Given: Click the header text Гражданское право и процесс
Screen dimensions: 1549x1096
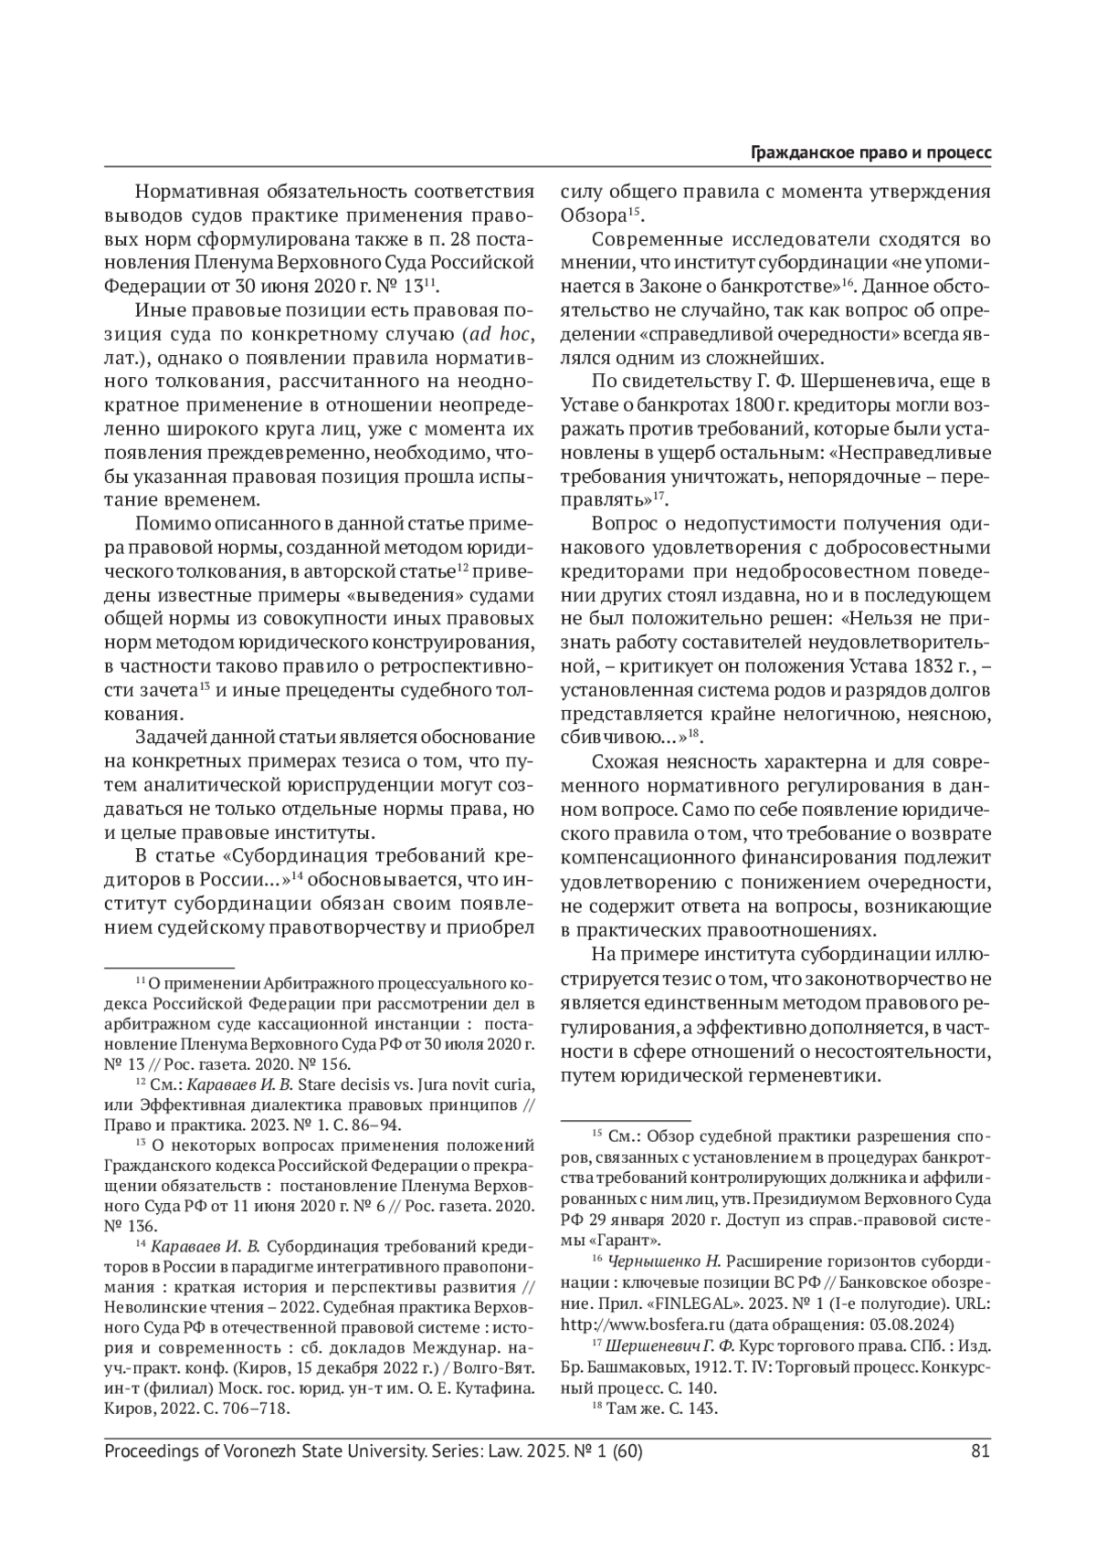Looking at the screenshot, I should click(870, 152).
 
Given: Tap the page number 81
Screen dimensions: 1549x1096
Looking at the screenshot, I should click(982, 1451).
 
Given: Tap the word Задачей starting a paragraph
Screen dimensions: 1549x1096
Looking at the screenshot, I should click(173, 738).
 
